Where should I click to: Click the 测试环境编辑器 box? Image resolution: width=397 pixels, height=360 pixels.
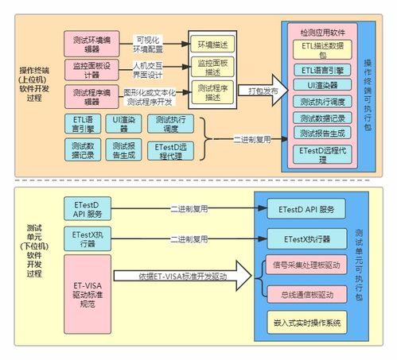[91, 41]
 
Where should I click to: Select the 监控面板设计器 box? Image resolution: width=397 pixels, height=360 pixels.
[91, 68]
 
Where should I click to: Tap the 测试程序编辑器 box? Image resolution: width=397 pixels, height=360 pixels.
[91, 95]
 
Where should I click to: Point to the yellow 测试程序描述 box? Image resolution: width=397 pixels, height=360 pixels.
[212, 91]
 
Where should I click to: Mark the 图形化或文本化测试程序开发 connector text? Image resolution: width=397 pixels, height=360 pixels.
[151, 96]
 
